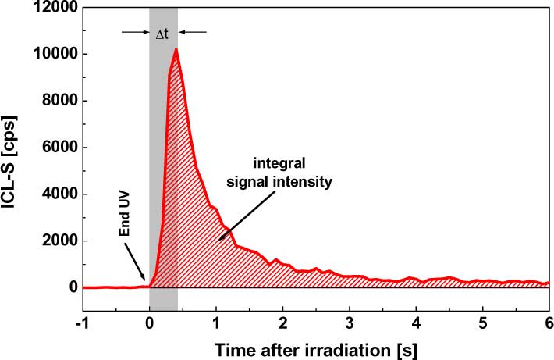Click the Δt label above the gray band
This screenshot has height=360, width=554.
164,33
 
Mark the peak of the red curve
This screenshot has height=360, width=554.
176,49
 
